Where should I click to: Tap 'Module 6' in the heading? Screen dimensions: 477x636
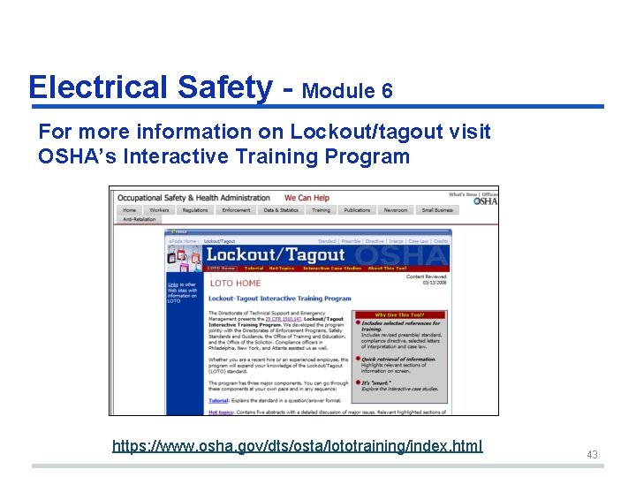click(347, 91)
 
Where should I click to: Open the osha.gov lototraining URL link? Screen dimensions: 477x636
click(297, 445)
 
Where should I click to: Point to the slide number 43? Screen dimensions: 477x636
click(592, 455)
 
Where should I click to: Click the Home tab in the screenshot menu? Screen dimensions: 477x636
click(129, 210)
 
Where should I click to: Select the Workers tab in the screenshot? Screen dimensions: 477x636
click(159, 210)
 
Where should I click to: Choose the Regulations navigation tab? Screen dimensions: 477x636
click(194, 210)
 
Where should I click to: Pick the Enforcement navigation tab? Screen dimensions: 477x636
click(236, 210)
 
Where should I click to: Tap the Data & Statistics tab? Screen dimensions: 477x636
click(281, 210)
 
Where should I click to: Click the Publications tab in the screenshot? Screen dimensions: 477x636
click(357, 210)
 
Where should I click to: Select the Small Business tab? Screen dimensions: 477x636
click(437, 210)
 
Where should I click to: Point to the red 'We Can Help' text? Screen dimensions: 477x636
click(307, 198)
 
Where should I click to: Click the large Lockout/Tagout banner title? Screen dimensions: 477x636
click(275, 255)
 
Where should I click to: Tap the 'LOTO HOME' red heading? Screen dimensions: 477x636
click(235, 283)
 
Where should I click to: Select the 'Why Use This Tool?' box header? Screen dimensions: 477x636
click(399, 314)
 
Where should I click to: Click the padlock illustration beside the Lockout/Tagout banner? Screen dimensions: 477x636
click(184, 257)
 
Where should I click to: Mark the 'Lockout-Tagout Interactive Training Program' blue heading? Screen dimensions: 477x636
click(279, 299)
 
